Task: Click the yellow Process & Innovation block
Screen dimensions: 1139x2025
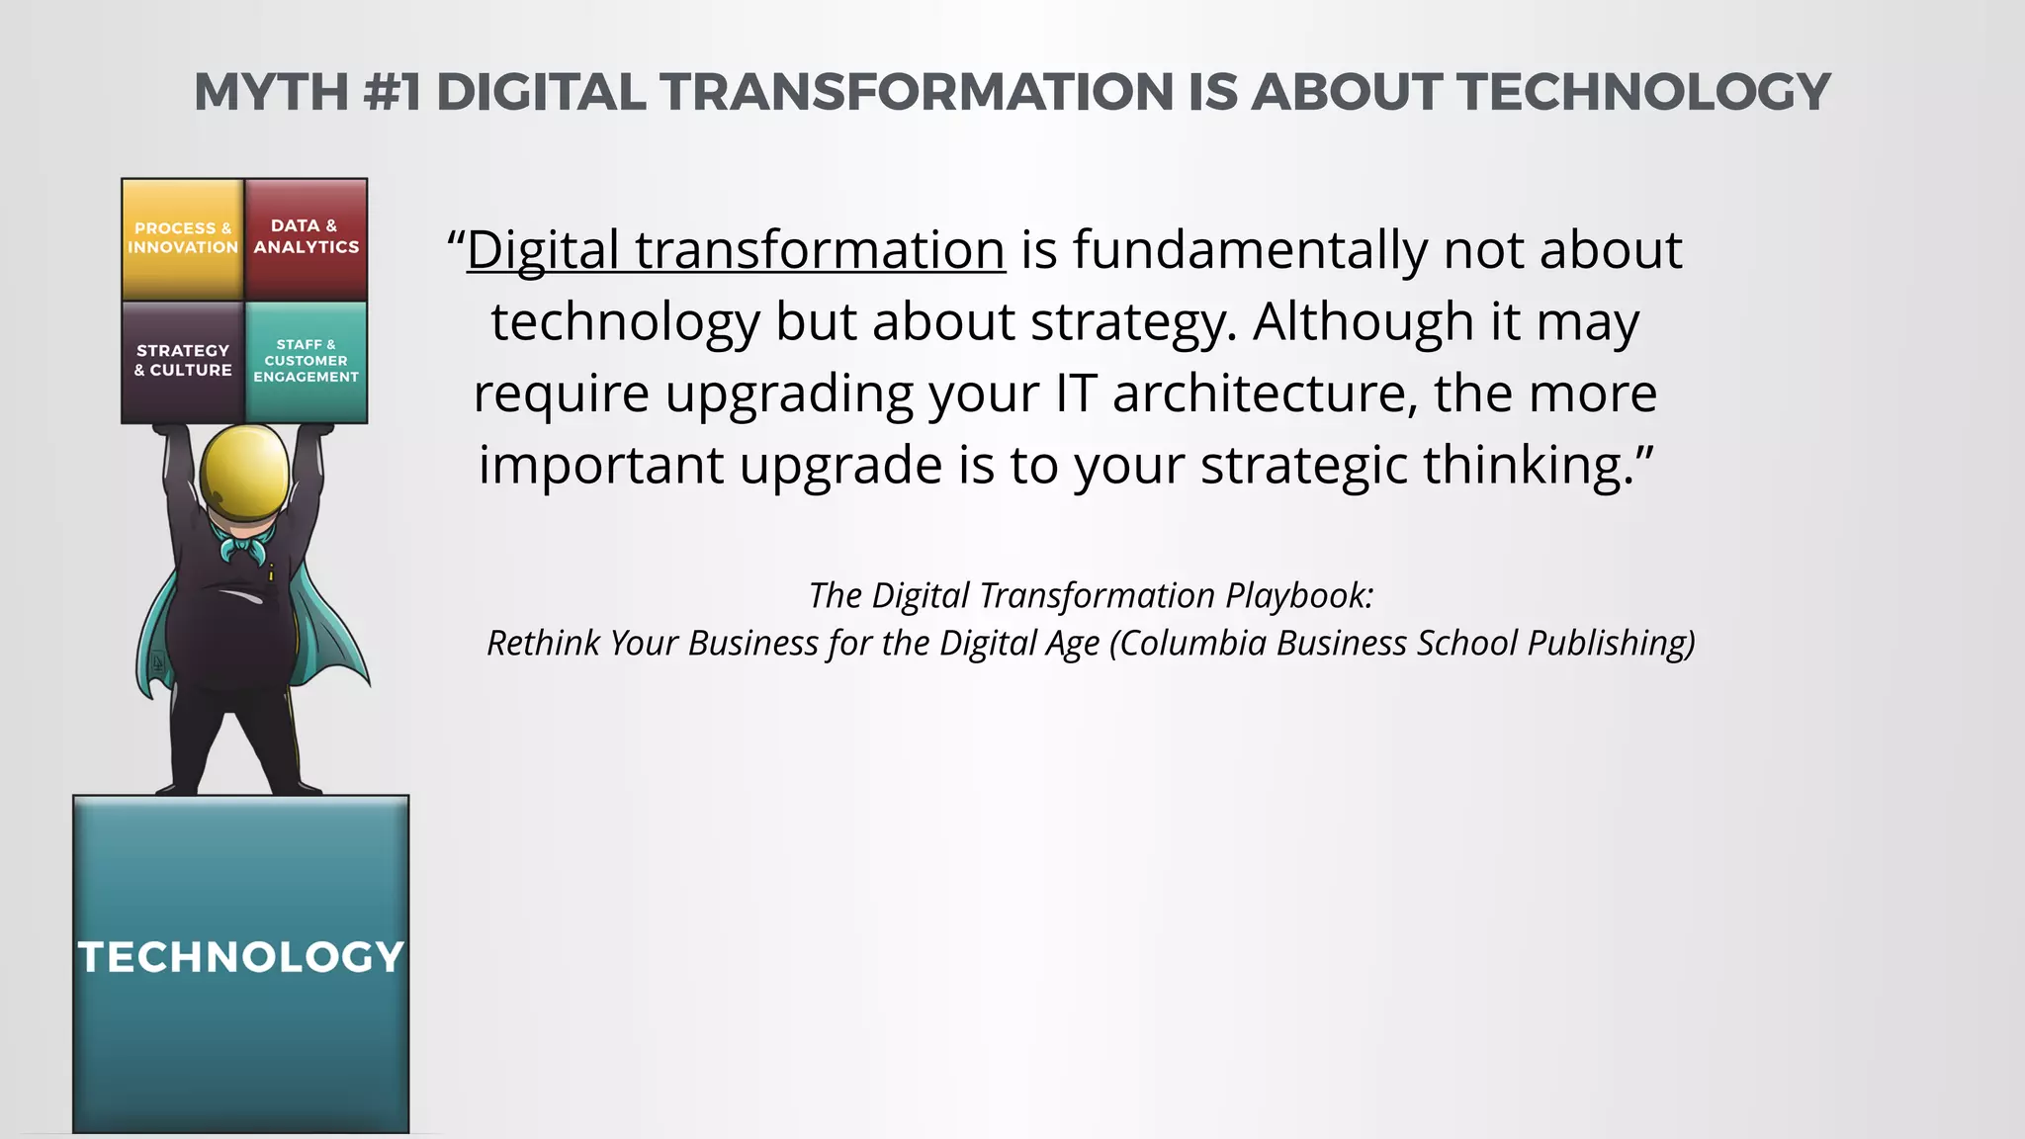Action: pyautogui.click(x=183, y=239)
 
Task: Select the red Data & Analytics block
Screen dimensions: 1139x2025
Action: pyautogui.click(x=306, y=239)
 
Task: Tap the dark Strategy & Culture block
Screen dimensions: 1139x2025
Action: pyautogui.click(x=183, y=362)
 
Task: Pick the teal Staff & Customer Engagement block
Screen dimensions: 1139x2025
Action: pyautogui.click(x=306, y=362)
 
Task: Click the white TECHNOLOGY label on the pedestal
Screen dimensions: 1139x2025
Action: pyautogui.click(x=241, y=956)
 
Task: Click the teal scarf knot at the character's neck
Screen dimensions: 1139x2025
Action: pyautogui.click(x=245, y=545)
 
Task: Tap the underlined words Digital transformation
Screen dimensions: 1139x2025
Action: pyautogui.click(x=736, y=249)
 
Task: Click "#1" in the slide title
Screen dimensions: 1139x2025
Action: pyautogui.click(x=392, y=92)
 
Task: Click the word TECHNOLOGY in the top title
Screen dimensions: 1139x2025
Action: pyautogui.click(x=1643, y=92)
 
